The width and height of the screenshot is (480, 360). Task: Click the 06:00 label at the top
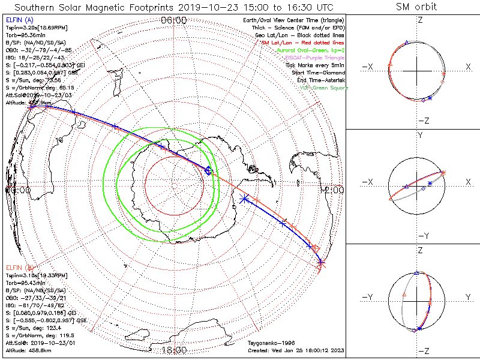tap(174, 20)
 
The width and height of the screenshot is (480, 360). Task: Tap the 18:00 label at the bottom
tap(174, 350)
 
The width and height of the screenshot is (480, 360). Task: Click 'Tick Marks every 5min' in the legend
tap(316, 65)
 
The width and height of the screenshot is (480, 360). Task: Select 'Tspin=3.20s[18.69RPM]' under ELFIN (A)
tap(36, 28)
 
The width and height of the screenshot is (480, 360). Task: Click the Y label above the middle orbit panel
tap(419, 136)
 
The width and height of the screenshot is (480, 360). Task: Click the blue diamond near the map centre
tap(208, 171)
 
